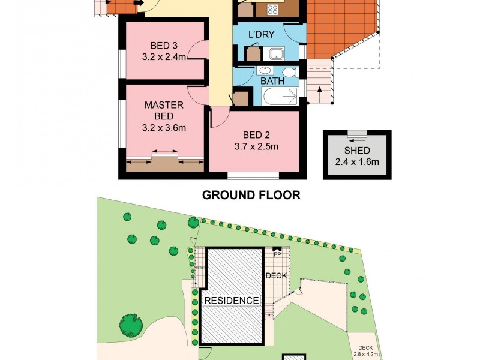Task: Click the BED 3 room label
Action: click(160, 46)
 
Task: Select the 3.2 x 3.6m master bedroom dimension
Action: click(164, 128)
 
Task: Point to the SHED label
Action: click(356, 151)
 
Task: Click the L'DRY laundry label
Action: click(262, 35)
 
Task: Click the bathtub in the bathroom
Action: click(280, 96)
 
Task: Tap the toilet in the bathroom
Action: click(290, 73)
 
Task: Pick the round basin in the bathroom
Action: click(265, 71)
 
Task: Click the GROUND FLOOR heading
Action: click(251, 195)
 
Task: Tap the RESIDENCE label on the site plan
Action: click(232, 300)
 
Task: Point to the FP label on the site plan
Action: click(277, 254)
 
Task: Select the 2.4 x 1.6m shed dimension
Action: click(356, 161)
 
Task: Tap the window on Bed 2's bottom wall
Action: click(253, 175)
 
